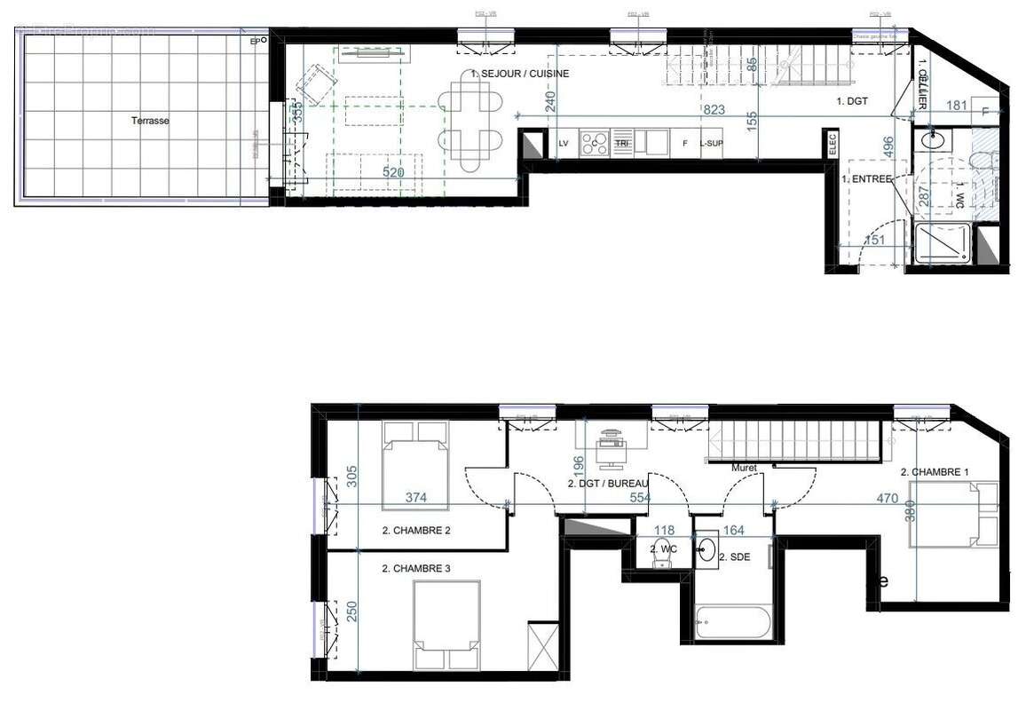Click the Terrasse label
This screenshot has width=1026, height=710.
coord(150,121)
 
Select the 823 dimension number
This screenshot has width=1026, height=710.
coord(714,110)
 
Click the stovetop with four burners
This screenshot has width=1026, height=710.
coord(593,144)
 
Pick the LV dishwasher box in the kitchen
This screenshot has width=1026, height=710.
coord(563,143)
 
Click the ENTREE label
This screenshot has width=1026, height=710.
coord(867,179)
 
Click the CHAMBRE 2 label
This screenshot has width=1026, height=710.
coord(417,532)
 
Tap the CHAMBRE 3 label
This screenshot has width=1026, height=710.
coord(417,569)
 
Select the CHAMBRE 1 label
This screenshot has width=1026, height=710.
coord(934,472)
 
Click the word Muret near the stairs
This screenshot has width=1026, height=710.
coord(744,467)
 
